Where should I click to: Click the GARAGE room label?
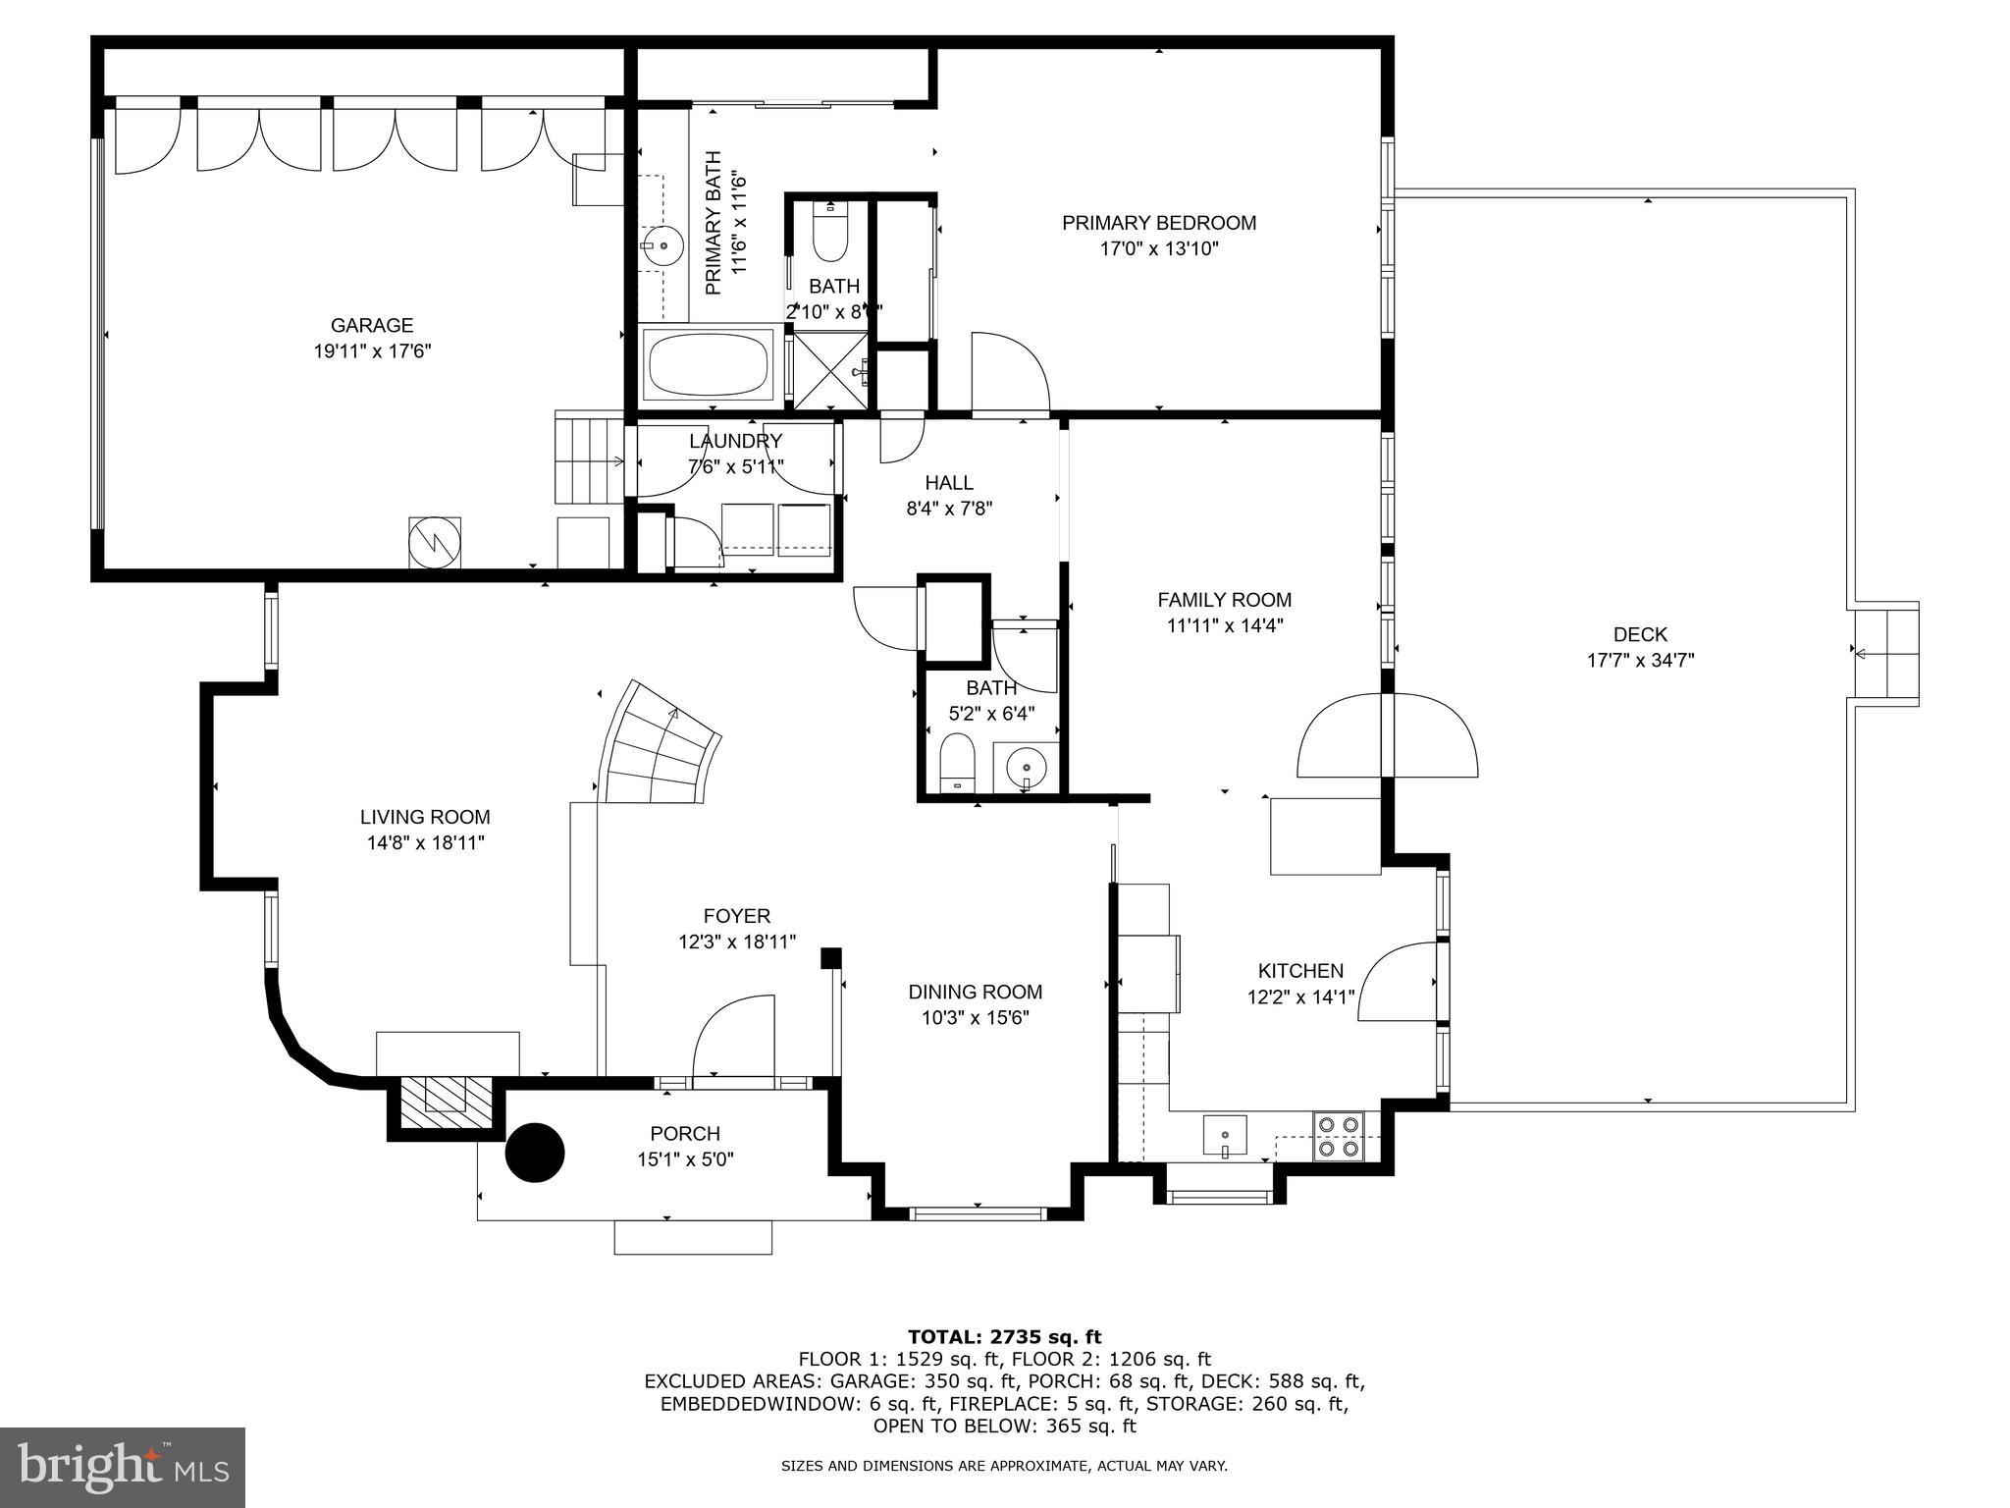click(x=371, y=325)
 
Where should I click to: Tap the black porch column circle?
click(x=535, y=1153)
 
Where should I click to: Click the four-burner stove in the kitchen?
click(x=1339, y=1136)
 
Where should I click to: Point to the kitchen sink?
click(x=1225, y=1136)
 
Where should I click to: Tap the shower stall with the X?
click(x=830, y=369)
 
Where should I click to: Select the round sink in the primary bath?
click(x=664, y=245)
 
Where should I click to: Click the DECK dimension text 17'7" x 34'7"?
click(x=1640, y=661)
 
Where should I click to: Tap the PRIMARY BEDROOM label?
click(x=1158, y=223)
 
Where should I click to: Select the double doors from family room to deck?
click(x=1387, y=735)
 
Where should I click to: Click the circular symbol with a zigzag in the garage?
click(x=434, y=542)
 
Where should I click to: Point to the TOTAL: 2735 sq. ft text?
click(x=1004, y=1336)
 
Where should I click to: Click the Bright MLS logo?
click(x=123, y=1467)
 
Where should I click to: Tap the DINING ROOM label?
click(x=975, y=992)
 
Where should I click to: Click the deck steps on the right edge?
click(x=1884, y=652)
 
